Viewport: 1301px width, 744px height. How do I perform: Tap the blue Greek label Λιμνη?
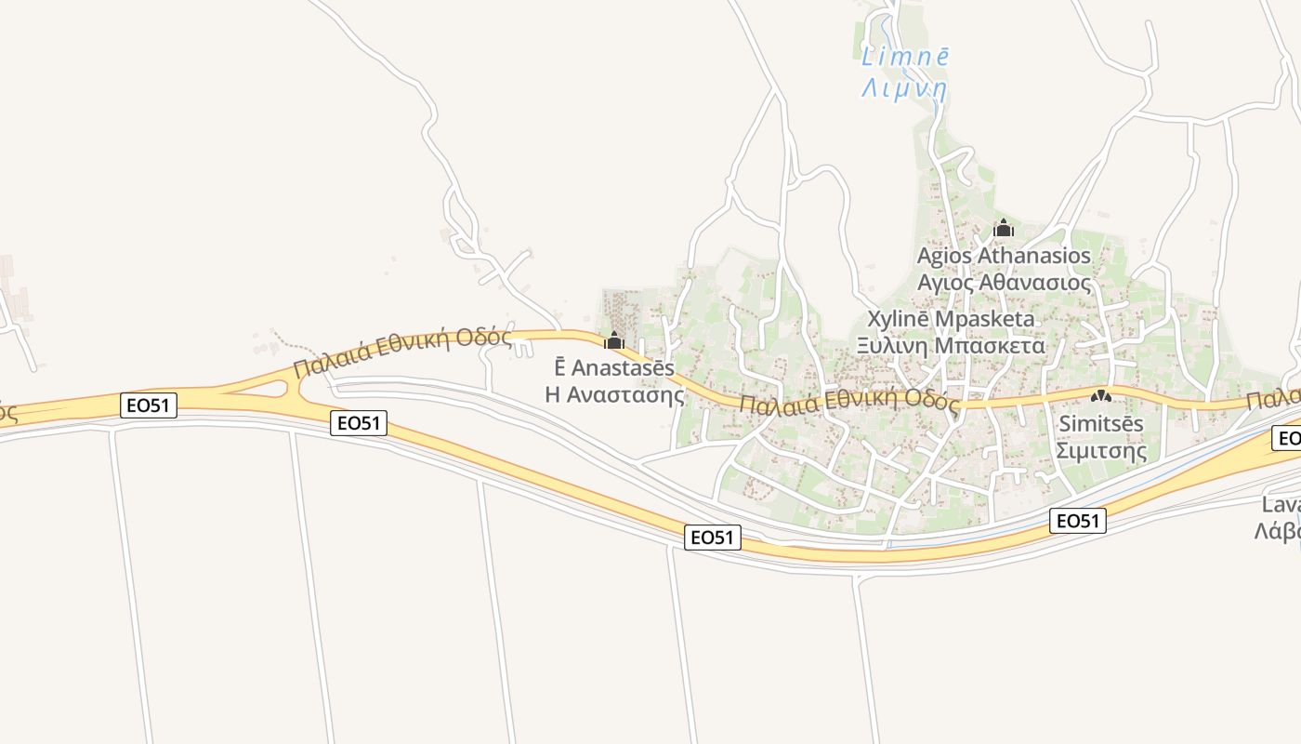tap(904, 89)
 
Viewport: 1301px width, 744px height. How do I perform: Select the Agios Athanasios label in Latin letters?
tap(1004, 255)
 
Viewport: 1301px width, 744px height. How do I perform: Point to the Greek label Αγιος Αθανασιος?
tap(1004, 282)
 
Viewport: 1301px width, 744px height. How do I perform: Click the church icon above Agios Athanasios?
tap(1004, 228)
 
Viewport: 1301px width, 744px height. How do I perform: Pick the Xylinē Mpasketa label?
tap(952, 319)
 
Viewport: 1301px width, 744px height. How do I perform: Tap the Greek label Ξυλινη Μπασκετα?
tap(951, 346)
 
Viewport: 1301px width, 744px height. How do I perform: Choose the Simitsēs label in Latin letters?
tap(1101, 423)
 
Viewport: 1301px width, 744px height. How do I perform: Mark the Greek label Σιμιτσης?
tap(1101, 451)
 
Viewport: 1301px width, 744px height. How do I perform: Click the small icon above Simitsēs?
tap(1101, 396)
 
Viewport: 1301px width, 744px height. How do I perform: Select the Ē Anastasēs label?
tap(614, 367)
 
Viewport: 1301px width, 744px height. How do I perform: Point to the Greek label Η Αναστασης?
tap(614, 394)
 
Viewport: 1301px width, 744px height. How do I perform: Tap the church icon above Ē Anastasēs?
tap(614, 340)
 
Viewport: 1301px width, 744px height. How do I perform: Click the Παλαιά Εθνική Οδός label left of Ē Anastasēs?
tap(401, 351)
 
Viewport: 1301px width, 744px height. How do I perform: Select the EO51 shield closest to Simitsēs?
tap(1078, 521)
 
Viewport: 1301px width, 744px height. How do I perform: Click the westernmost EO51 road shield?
tap(149, 405)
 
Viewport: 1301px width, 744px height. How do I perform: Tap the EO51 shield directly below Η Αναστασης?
tap(714, 537)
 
